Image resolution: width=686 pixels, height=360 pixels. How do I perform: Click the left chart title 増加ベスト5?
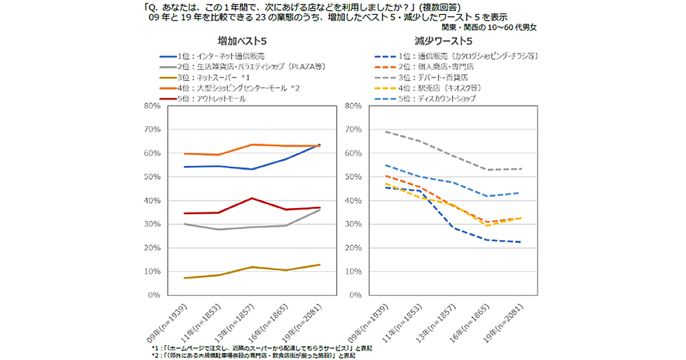click(242, 41)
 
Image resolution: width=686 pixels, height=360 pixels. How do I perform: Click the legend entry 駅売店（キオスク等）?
click(441, 87)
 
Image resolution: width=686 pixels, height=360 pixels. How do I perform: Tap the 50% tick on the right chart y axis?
click(352, 177)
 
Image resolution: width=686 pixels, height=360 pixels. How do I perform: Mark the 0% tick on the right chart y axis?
click(354, 295)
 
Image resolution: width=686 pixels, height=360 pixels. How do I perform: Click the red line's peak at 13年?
click(252, 198)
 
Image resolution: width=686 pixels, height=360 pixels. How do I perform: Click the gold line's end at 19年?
click(320, 265)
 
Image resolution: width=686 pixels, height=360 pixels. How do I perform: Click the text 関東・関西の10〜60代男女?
click(489, 26)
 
